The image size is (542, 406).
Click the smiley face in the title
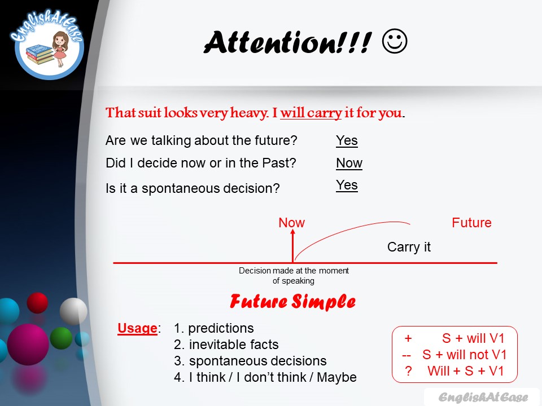[395, 42]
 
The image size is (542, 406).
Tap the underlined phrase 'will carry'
[311, 113]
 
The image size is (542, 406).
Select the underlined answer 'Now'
[349, 163]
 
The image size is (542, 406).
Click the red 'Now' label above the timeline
[291, 223]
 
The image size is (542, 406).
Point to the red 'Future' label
[471, 223]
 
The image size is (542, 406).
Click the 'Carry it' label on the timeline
[409, 247]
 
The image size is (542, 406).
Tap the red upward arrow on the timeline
[292, 246]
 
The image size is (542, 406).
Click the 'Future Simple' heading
[292, 302]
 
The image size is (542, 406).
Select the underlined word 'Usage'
[137, 328]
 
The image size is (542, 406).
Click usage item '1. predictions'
[214, 328]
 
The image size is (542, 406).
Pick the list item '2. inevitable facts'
[226, 344]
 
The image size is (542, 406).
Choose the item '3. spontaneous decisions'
[250, 361]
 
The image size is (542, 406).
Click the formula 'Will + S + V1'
[465, 371]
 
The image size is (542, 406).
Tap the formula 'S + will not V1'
[465, 355]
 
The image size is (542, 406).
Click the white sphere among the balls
[73, 310]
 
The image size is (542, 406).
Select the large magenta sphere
[28, 344]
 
